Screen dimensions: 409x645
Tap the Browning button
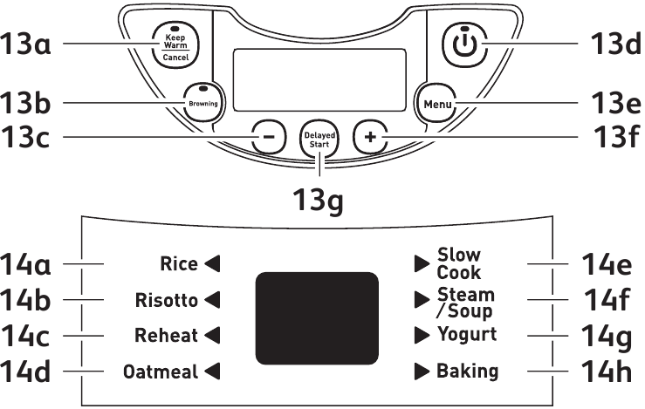click(201, 102)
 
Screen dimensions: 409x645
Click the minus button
click(269, 137)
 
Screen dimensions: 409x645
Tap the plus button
click(370, 137)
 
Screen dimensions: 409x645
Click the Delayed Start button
click(319, 139)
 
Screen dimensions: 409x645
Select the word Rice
click(178, 263)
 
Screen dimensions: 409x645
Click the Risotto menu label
click(167, 301)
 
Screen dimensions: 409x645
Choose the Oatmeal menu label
click(160, 372)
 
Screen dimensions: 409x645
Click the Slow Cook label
click(459, 263)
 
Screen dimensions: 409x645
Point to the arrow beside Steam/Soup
click(422, 301)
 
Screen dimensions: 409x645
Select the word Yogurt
click(467, 335)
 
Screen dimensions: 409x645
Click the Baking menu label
click(468, 372)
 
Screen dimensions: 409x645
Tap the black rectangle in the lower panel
click(317, 317)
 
